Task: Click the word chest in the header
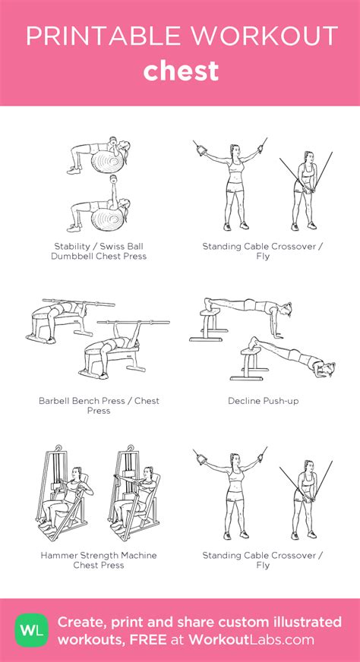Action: [x=180, y=71]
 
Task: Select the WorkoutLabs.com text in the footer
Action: [x=258, y=639]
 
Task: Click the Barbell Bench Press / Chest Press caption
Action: [x=99, y=405]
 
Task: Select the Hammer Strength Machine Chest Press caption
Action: [x=99, y=560]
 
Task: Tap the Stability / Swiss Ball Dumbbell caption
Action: [x=99, y=251]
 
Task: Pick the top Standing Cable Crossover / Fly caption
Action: [x=262, y=251]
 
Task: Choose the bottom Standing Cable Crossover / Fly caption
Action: [x=262, y=560]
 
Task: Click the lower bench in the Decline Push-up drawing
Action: [x=252, y=361]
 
